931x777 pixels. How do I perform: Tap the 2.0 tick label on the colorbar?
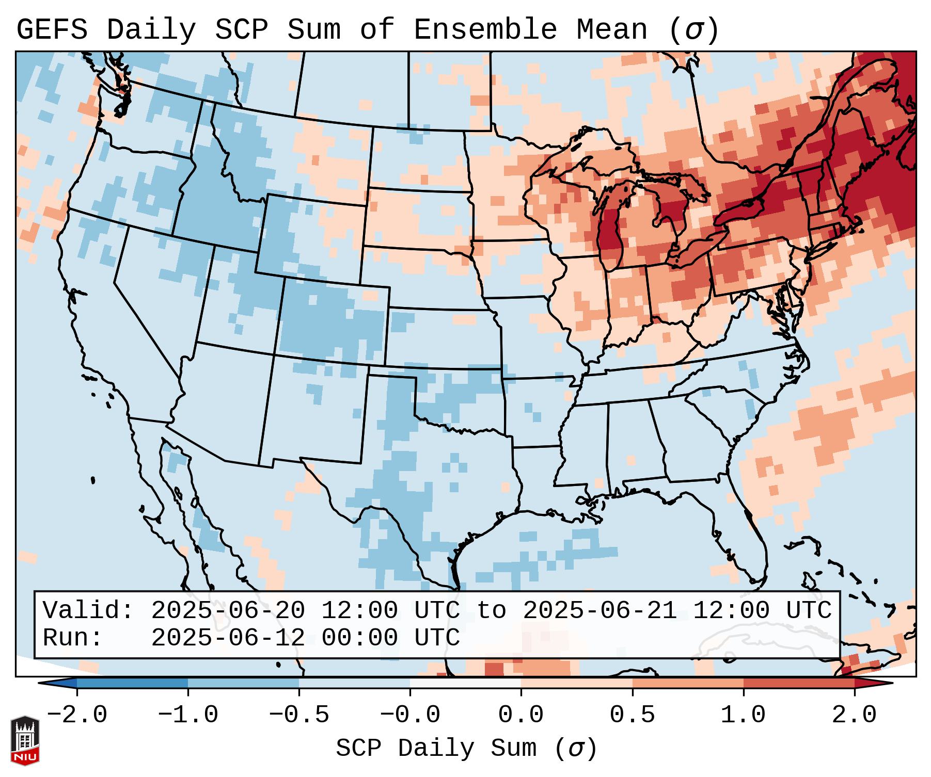(x=854, y=715)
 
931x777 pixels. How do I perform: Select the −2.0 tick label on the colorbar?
(x=77, y=715)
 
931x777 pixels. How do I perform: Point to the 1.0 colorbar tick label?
(x=743, y=715)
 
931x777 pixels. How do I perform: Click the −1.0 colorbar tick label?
(x=188, y=715)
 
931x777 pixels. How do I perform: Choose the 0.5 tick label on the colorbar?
(x=632, y=715)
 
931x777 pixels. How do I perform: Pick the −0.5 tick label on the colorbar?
(x=299, y=715)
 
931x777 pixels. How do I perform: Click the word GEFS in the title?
(x=52, y=29)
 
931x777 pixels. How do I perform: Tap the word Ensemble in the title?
(x=485, y=29)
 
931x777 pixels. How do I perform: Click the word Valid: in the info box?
(x=88, y=610)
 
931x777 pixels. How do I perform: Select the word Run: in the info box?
(x=73, y=638)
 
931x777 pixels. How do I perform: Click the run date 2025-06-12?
(x=228, y=638)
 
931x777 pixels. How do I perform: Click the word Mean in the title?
(x=611, y=29)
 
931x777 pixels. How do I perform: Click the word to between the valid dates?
(x=491, y=610)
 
